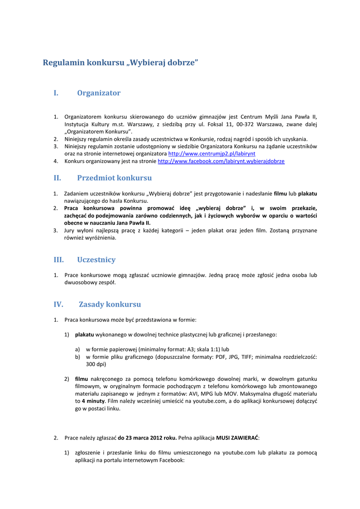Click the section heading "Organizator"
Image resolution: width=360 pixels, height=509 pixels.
[98, 93]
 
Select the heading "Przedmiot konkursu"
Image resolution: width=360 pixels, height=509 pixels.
[114, 178]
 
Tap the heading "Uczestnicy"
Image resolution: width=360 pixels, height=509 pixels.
[96, 259]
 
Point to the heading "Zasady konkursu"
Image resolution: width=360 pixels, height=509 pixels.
[109, 304]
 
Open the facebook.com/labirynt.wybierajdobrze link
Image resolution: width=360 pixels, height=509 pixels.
[221, 162]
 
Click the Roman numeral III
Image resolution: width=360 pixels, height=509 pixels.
[59, 259]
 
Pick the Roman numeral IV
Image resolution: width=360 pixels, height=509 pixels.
[59, 304]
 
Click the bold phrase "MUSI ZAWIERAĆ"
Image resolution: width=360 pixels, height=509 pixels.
[237, 438]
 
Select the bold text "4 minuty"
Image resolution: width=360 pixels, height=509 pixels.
[93, 401]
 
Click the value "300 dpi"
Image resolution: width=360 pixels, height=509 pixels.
[96, 364]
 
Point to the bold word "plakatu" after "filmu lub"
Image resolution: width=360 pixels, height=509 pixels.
[307, 193]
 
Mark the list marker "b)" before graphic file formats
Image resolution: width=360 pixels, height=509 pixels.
[78, 356]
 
